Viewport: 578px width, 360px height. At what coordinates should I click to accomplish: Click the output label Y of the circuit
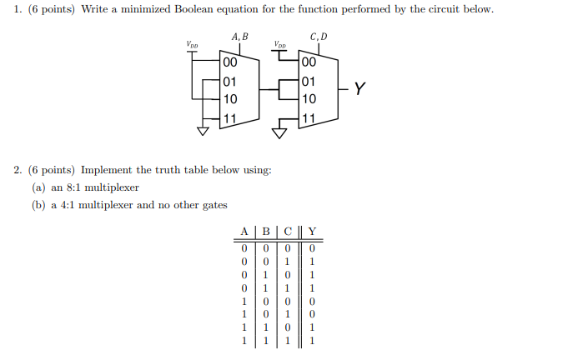pos(360,87)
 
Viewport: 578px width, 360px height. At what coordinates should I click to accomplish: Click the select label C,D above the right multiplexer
pos(318,37)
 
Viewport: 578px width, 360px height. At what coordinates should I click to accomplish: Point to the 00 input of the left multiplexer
pos(229,62)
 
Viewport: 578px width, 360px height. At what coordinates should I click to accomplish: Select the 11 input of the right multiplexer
pos(309,117)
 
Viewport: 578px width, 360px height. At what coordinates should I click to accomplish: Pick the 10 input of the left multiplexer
pos(229,98)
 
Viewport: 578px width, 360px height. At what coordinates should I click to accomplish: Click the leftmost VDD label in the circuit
pos(193,44)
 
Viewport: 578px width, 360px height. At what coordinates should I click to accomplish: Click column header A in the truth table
pos(244,232)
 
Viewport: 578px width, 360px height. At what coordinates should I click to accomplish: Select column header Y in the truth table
pos(311,232)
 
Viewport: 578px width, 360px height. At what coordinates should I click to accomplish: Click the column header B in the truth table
pos(265,232)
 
